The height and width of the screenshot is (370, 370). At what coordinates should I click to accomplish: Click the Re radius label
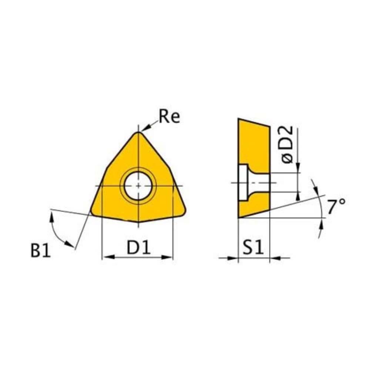pyautogui.click(x=169, y=117)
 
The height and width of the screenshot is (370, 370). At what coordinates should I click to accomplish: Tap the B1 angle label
pyautogui.click(x=40, y=251)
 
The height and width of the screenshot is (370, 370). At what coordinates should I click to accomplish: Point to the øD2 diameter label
pyautogui.click(x=287, y=145)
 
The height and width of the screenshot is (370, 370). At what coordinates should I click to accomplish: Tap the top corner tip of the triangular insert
pyautogui.click(x=138, y=132)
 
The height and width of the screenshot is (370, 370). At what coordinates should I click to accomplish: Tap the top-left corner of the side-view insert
pyautogui.click(x=239, y=119)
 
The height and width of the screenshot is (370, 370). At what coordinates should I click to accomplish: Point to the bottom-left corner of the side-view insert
pyautogui.click(x=239, y=218)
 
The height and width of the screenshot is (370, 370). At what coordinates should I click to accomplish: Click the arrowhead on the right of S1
pyautogui.click(x=274, y=258)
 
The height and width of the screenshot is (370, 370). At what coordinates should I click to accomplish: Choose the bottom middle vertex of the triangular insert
pyautogui.click(x=138, y=222)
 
